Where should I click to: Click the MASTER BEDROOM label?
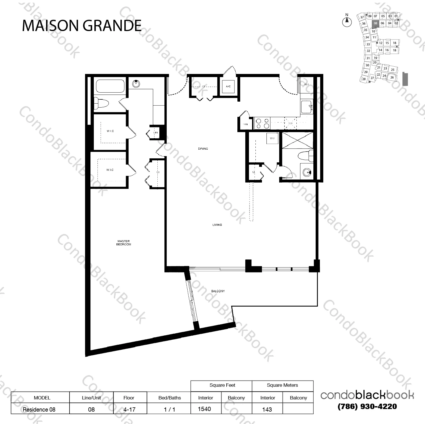(x=123, y=243)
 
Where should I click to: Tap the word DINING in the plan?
(x=203, y=148)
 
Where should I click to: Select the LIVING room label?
(x=217, y=225)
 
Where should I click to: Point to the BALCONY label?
(x=218, y=291)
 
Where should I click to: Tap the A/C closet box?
(x=228, y=86)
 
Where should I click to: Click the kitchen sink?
(x=307, y=107)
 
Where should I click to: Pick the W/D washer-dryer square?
(x=272, y=138)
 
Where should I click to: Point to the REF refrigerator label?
(x=306, y=84)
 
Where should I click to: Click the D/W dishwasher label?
(x=290, y=123)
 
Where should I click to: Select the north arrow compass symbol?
(x=347, y=21)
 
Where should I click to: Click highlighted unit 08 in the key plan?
(x=375, y=23)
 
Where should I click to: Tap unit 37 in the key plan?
(x=362, y=18)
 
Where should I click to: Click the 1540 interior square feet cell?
(x=205, y=409)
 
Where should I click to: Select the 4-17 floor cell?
(x=130, y=409)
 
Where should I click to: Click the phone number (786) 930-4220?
(x=367, y=406)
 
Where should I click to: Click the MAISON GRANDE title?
(x=82, y=26)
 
